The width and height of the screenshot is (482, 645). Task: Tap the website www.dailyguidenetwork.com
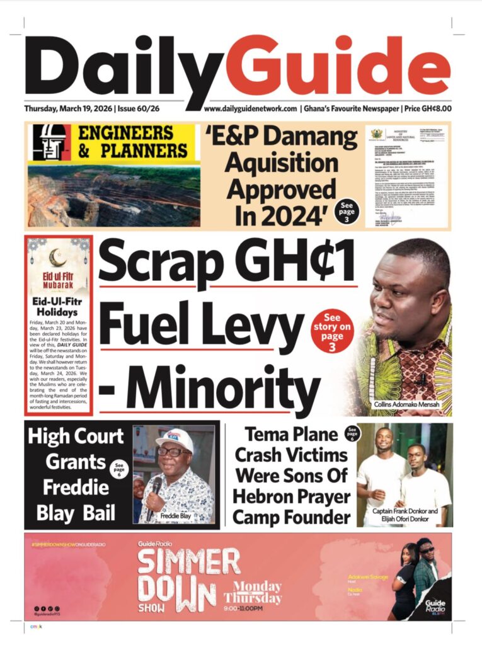[x=250, y=108]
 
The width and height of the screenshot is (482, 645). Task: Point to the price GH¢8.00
[x=430, y=108]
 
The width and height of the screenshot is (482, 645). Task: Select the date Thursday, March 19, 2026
[x=68, y=108]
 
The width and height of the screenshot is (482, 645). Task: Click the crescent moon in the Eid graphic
[x=60, y=258]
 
